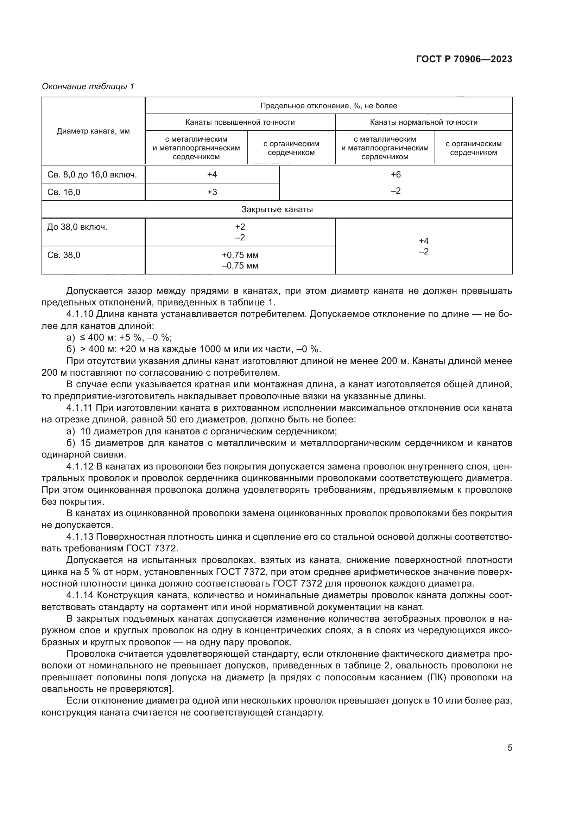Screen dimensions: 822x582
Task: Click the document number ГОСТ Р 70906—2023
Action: click(x=464, y=59)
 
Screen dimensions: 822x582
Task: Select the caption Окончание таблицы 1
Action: click(x=88, y=86)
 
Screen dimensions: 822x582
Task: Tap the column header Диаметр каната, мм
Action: click(x=93, y=131)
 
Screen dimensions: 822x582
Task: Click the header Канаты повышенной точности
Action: click(x=240, y=122)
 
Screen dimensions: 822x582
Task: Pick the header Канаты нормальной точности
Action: click(x=423, y=122)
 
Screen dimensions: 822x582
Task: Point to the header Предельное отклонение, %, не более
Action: click(x=328, y=106)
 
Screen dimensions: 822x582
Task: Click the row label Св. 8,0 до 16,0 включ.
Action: click(x=92, y=175)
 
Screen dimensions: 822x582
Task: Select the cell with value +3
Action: click(x=212, y=192)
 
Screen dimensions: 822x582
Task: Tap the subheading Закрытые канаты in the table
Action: click(x=277, y=209)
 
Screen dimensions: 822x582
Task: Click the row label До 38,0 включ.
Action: click(x=77, y=227)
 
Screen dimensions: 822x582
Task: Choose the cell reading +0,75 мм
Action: click(x=240, y=255)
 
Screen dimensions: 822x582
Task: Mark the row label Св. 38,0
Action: click(x=64, y=255)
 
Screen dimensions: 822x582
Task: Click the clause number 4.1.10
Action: click(x=80, y=314)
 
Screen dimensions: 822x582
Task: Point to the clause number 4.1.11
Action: click(x=80, y=408)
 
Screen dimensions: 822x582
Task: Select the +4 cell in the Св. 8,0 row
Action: click(x=212, y=175)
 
